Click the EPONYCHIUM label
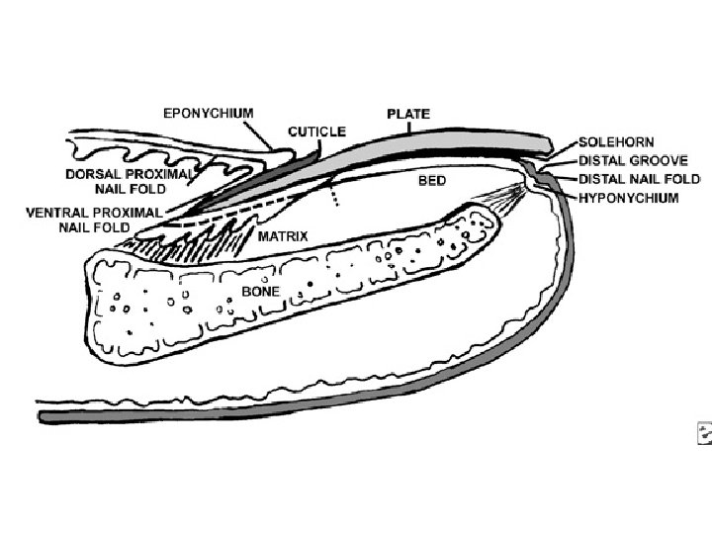[208, 113]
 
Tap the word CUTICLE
[316, 131]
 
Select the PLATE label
[407, 114]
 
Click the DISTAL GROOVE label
[633, 160]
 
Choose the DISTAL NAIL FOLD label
[639, 179]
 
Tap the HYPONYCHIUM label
[628, 198]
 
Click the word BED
[432, 181]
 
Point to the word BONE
[260, 292]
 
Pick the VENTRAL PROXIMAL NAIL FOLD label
[109, 220]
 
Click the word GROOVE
[661, 160]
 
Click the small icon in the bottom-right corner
[704, 432]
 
